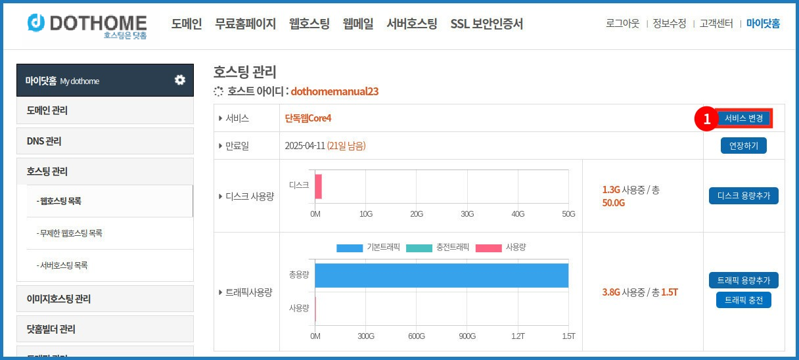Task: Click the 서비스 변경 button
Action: pos(744,118)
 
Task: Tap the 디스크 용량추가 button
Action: pos(743,196)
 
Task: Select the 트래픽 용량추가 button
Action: pos(743,281)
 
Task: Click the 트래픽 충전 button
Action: pos(743,300)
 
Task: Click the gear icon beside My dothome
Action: pos(179,80)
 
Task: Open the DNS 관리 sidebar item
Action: pos(105,141)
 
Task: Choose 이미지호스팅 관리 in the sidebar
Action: pos(105,299)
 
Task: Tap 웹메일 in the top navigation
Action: pos(358,24)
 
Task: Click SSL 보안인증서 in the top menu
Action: pos(487,24)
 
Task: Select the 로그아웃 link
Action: pos(622,24)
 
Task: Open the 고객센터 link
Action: pos(716,24)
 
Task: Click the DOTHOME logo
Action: pos(87,24)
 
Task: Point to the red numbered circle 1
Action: pos(707,119)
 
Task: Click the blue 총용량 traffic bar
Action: pos(442,275)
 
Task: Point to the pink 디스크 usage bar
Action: pos(318,186)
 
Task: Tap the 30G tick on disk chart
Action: pos(467,214)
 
